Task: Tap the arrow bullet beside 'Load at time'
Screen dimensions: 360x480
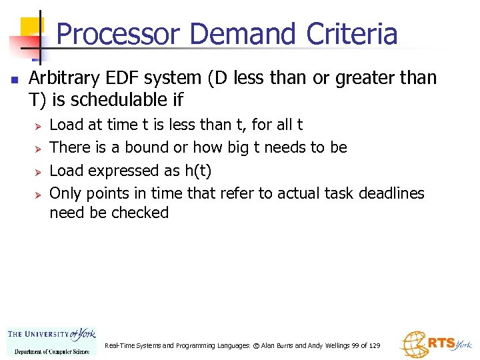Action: [38, 125]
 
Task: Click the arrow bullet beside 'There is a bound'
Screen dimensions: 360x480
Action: [38, 148]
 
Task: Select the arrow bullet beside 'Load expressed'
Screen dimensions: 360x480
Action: [38, 171]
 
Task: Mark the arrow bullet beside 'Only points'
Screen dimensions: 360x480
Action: [38, 194]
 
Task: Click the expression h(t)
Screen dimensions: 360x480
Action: [197, 171]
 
